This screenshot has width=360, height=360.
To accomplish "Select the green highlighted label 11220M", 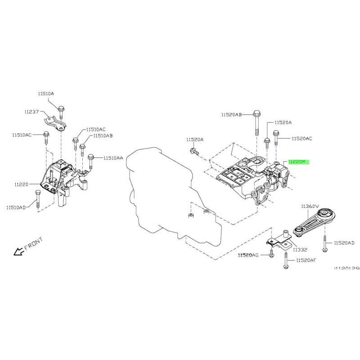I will (x=297, y=161).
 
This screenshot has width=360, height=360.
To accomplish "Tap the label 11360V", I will (x=310, y=206).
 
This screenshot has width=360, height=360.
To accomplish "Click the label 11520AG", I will (x=248, y=255).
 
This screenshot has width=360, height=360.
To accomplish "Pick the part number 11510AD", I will (x=17, y=207).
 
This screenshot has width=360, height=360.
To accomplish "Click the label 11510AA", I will (x=113, y=158).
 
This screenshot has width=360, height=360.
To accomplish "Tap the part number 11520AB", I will (x=231, y=115).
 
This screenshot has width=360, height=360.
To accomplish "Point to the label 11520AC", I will (x=302, y=139).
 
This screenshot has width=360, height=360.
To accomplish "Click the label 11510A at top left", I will (x=45, y=94).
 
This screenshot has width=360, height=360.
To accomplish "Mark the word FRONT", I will (x=33, y=243).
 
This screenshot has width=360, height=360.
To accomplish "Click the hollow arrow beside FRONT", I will (x=18, y=252).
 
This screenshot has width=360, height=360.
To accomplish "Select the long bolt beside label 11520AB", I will (x=256, y=122).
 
